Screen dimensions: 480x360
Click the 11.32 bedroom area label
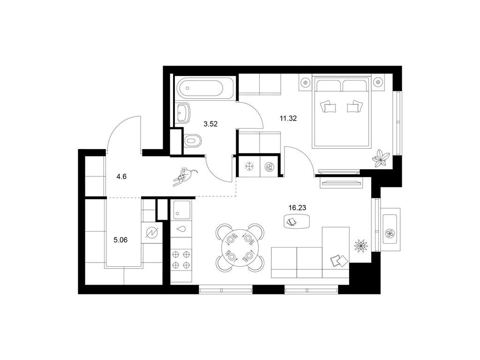[x=288, y=118]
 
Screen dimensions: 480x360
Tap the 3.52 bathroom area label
[x=210, y=124]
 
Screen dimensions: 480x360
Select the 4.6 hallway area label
[x=121, y=177]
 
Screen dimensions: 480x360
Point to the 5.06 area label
[x=120, y=240]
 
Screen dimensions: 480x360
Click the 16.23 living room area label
[x=297, y=208]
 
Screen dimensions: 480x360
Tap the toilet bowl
[x=192, y=141]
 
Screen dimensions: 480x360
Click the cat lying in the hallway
[x=185, y=177]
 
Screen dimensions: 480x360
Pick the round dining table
[x=240, y=248]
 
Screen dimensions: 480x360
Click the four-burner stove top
[x=181, y=260]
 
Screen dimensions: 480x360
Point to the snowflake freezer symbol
[x=249, y=167]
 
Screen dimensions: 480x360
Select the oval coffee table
[x=297, y=221]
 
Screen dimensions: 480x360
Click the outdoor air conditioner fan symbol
[x=390, y=234]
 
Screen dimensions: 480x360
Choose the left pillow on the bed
[x=328, y=107]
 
